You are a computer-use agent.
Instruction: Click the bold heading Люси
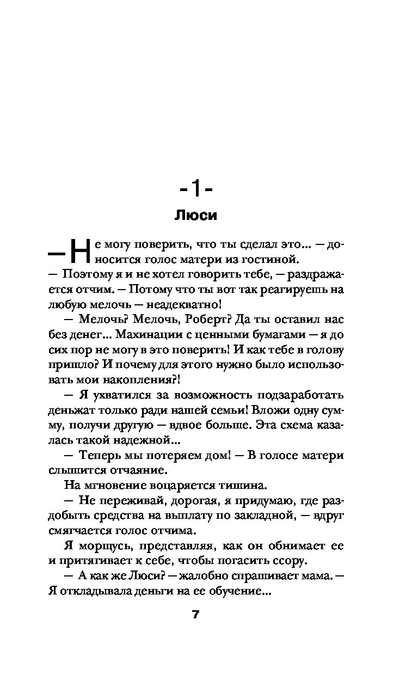195,216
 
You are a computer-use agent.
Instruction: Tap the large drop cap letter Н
79,251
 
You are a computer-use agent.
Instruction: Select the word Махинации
158,334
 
